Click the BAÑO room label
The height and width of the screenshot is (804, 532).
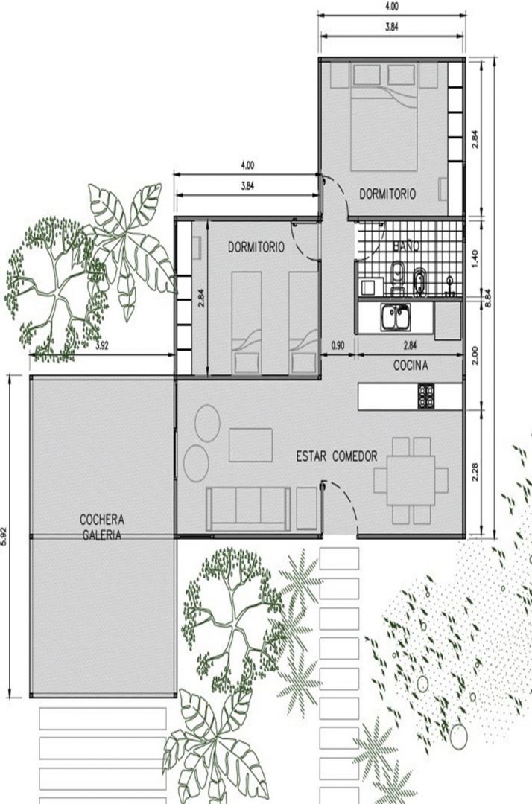[406, 246]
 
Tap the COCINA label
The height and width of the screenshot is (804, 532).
[411, 366]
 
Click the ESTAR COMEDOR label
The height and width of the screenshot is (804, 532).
[337, 456]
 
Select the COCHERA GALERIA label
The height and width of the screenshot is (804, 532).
[101, 527]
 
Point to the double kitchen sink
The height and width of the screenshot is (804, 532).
[395, 317]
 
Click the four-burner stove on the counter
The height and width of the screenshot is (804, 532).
[425, 396]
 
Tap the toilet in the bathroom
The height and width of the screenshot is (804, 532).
[397, 279]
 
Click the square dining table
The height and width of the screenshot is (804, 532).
[411, 480]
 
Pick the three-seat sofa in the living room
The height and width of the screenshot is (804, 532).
[248, 508]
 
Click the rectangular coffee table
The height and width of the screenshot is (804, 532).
[250, 445]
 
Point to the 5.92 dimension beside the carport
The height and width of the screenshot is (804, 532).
[4, 536]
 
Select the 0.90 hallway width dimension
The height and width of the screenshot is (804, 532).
[338, 345]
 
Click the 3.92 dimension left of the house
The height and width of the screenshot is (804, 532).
[102, 345]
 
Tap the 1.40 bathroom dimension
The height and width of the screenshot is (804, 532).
[474, 258]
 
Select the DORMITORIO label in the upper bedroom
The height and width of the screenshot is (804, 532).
[387, 194]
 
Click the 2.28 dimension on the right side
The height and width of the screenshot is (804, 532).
[474, 472]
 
